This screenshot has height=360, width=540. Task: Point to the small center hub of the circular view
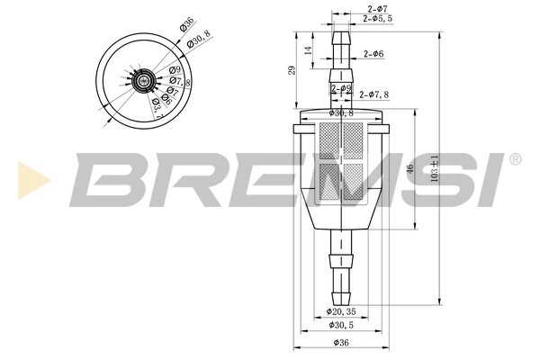[x=143, y=82]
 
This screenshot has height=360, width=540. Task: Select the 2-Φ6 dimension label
[x=374, y=55]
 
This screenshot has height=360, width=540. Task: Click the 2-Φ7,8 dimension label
[x=374, y=94]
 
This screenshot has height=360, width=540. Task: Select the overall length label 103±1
[x=435, y=168]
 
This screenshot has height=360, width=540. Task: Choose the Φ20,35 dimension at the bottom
[x=341, y=310]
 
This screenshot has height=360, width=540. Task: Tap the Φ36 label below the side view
[x=341, y=344]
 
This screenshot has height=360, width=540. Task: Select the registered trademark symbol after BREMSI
[x=514, y=158]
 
